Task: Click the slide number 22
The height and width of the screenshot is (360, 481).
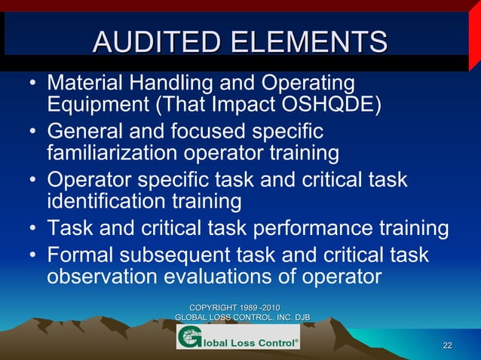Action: point(447,345)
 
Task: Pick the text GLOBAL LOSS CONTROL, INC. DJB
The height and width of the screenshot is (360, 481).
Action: point(242,319)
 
